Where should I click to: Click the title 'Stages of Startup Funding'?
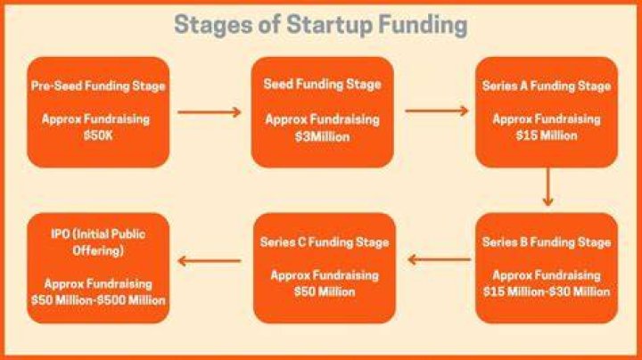coord(321,25)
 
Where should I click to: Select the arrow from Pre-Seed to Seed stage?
coord(210,112)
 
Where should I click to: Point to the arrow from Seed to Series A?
coord(436,110)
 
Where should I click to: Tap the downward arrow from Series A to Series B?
coord(547,186)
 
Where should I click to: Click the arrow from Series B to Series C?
coord(440,259)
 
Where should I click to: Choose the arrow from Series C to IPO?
coord(210,261)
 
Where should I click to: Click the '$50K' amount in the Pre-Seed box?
coord(98,135)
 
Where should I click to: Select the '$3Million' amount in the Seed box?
coord(322,136)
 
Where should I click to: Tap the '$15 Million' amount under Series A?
coord(547,135)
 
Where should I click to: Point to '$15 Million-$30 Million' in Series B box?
coord(547,291)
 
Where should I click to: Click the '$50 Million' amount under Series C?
coord(325,291)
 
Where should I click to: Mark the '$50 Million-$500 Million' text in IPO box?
coord(98,300)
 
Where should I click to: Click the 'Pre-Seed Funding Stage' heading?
coord(98,86)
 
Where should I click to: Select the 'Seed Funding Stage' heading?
coord(322,85)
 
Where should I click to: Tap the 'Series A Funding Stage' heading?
coord(547,86)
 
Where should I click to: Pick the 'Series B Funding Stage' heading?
coord(547,242)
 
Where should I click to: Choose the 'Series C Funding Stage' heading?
coord(325,242)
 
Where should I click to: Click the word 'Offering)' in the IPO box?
coord(98,250)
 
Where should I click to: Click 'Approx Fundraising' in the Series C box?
coord(325,275)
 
